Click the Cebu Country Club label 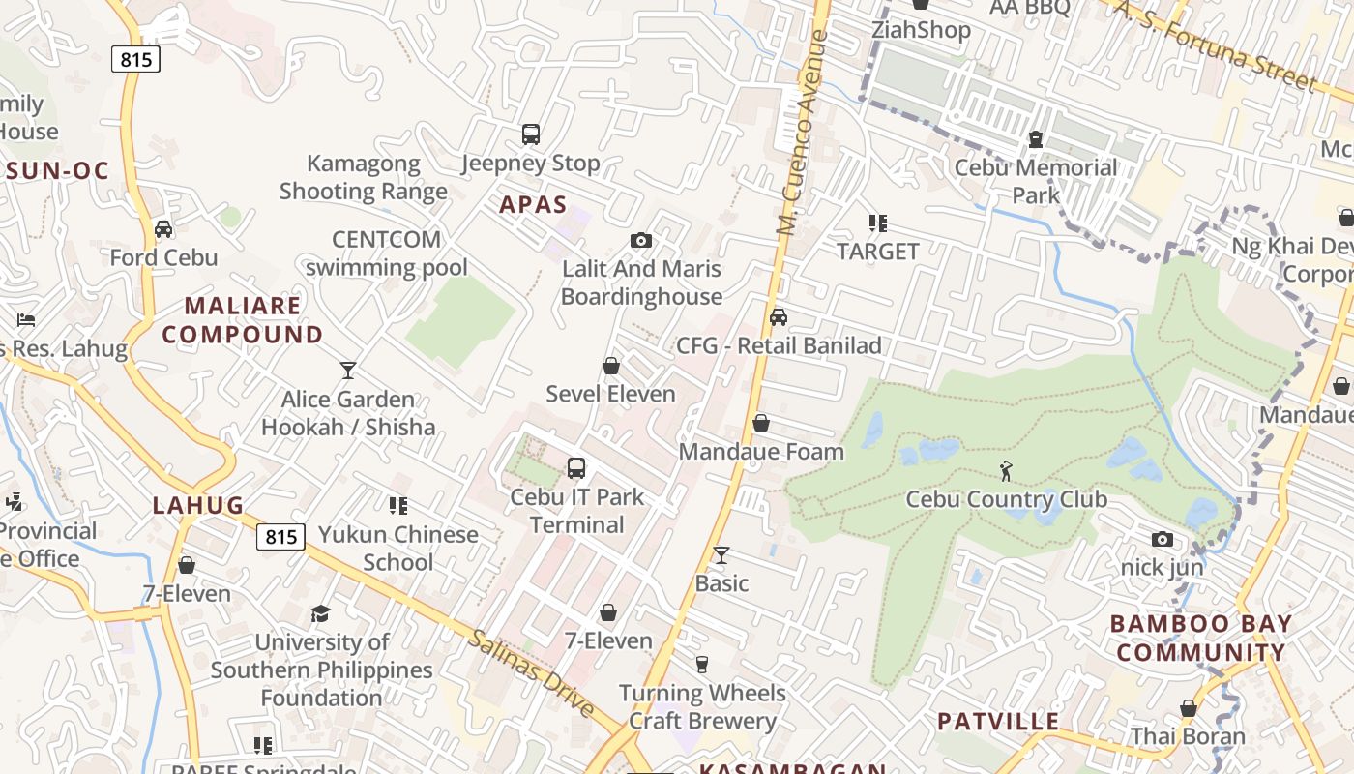(1006, 499)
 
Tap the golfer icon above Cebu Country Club (1007, 471)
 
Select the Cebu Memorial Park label (1036, 181)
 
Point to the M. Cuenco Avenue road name (804, 134)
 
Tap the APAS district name (533, 204)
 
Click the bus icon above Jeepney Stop (530, 134)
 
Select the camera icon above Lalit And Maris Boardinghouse (640, 240)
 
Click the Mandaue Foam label (761, 451)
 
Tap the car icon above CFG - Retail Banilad (778, 317)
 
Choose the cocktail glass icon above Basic (721, 555)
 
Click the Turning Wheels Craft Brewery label (702, 706)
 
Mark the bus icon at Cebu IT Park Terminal (576, 469)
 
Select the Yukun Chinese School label (398, 548)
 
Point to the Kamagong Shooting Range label (364, 177)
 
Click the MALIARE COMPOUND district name (243, 320)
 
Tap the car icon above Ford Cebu (163, 229)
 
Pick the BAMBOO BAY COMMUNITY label (1201, 638)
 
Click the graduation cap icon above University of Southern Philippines (320, 613)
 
